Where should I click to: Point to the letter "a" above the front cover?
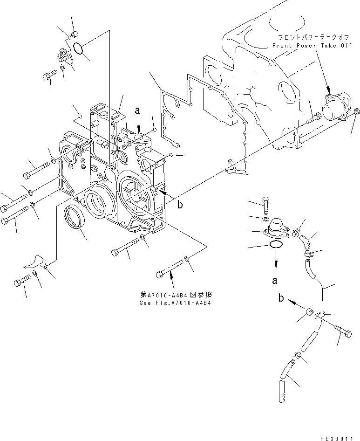point(137,110)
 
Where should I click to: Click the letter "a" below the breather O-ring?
point(275,281)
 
